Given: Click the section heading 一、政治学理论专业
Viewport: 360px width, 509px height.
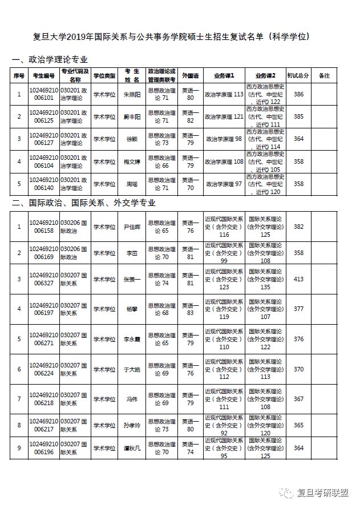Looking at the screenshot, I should [x=50, y=60].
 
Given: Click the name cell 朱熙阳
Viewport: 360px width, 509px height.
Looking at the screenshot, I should [x=132, y=94].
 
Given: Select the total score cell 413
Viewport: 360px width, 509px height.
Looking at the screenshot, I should [x=298, y=279].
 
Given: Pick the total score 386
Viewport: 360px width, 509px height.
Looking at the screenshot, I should [x=298, y=94].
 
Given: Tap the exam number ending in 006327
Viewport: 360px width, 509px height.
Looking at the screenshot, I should [x=44, y=279].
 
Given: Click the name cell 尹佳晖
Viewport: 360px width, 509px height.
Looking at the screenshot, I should [x=132, y=227].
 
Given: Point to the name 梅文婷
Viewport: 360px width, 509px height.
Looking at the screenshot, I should [x=132, y=161].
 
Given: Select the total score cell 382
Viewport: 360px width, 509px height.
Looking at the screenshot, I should [x=298, y=227].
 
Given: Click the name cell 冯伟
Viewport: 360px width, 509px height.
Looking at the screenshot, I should [x=132, y=399].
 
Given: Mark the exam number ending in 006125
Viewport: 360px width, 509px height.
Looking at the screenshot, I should [x=44, y=116].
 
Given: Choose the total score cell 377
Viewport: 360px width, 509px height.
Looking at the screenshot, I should [x=298, y=309].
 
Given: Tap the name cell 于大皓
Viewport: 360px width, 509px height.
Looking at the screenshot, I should [x=132, y=369].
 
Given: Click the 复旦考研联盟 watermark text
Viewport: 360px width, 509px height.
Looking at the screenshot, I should [x=323, y=492].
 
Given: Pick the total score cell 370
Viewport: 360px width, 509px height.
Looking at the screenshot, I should [x=298, y=369].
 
